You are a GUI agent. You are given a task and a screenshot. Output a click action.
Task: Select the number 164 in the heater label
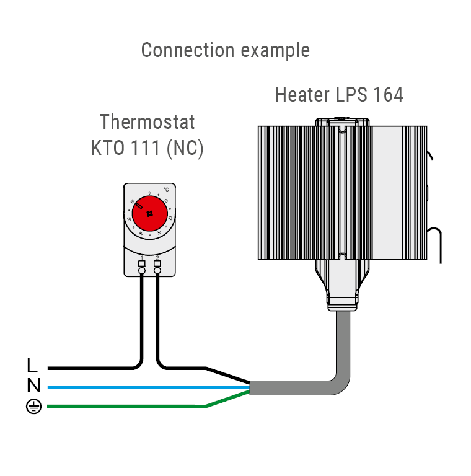tap(389, 95)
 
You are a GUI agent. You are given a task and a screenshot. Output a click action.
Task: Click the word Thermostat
tap(147, 121)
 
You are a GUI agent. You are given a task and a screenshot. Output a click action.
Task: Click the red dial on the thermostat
tap(150, 212)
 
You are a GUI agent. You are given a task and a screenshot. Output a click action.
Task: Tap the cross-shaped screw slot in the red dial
tap(149, 212)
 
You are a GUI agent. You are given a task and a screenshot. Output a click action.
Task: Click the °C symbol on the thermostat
tap(165, 190)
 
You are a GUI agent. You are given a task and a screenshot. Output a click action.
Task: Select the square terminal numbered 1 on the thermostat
tap(142, 263)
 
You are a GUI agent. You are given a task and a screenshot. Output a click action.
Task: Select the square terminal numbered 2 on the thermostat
tap(157, 263)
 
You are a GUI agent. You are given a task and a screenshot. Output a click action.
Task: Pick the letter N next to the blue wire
tap(33, 386)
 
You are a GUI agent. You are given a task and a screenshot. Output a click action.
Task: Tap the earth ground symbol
tap(33, 407)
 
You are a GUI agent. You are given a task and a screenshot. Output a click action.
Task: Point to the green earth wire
tap(124, 407)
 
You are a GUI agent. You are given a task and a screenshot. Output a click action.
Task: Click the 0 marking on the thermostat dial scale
tap(149, 193)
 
